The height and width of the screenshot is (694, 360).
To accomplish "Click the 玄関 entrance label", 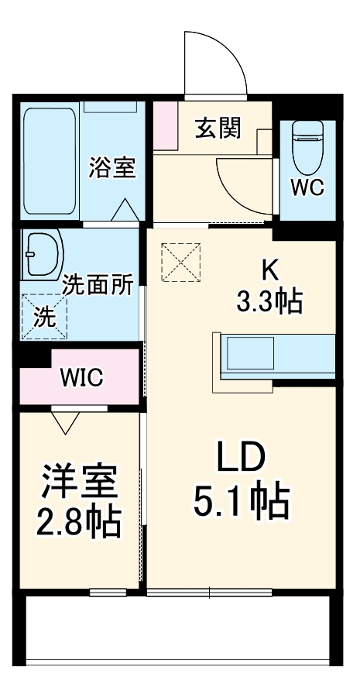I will pyautogui.click(x=217, y=128).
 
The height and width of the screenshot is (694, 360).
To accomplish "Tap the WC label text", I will pyautogui.click(x=307, y=187).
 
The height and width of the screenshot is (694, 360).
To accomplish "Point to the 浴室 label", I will pyautogui.click(x=112, y=167).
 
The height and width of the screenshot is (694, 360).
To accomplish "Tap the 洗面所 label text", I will pyautogui.click(x=98, y=284).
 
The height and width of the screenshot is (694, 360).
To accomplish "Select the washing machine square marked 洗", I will pyautogui.click(x=44, y=316).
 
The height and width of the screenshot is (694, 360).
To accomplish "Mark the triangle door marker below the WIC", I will pyautogui.click(x=66, y=421).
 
